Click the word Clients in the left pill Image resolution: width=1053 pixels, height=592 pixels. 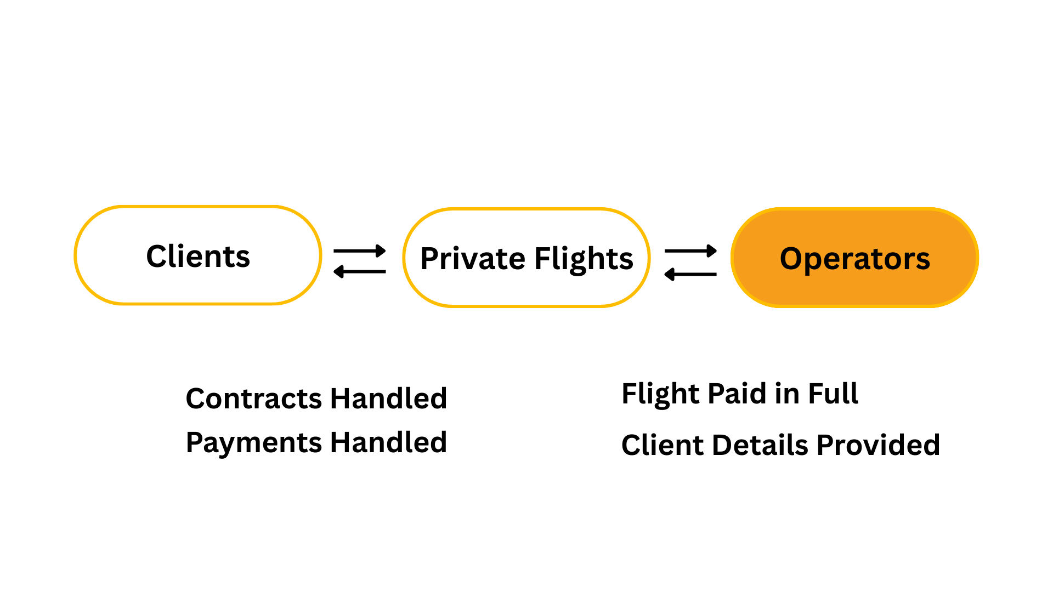[198, 257]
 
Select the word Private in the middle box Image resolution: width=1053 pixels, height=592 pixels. [472, 259]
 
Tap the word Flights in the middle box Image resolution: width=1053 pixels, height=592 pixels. [584, 259]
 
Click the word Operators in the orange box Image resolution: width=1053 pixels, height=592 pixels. [854, 259]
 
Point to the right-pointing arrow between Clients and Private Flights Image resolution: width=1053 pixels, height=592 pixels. [360, 251]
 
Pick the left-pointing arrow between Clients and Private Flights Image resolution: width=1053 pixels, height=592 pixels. [360, 271]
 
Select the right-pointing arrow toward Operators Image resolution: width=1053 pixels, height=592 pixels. [690, 251]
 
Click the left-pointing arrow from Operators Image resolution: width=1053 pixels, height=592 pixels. [690, 274]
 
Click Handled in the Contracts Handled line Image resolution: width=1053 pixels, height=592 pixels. [388, 399]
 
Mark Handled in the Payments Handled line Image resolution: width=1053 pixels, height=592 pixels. [388, 443]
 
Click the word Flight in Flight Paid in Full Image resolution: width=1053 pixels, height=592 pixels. [660, 394]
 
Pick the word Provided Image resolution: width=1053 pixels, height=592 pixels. [878, 445]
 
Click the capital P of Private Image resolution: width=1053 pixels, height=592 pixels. [429, 259]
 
